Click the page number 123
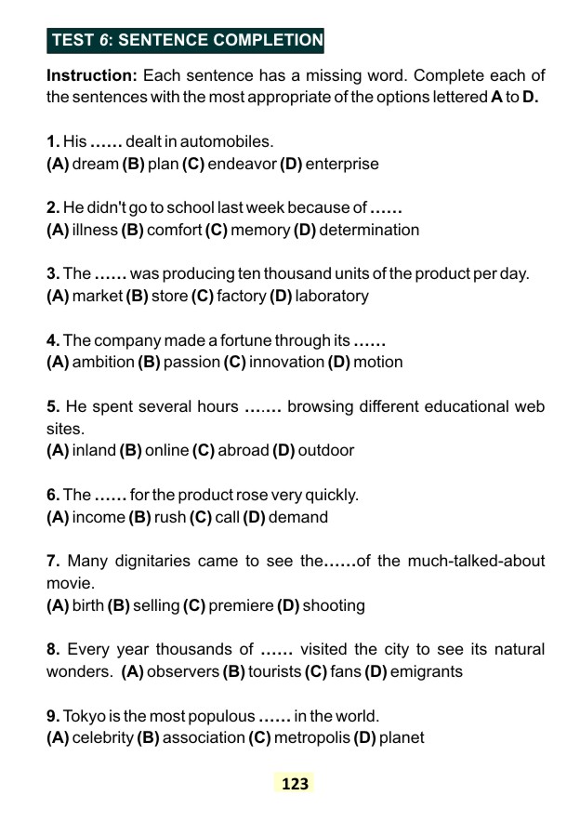294,784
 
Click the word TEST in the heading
72,40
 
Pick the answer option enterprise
341,164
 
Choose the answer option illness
95,230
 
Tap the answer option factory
242,296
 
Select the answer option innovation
285,362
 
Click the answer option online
166,450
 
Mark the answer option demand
298,517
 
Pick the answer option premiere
240,605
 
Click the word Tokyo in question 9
85,716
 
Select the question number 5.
53,406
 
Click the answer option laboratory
332,296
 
